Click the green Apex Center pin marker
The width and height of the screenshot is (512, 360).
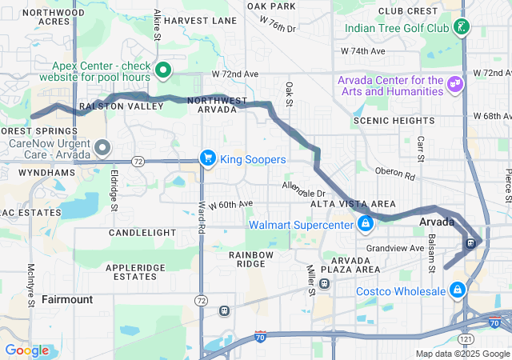click(163, 70)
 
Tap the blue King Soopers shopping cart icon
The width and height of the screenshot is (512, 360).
click(208, 158)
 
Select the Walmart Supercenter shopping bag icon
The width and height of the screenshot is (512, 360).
click(366, 224)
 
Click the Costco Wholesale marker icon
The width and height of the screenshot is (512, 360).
click(457, 290)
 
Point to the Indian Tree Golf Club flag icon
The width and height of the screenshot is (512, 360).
click(461, 29)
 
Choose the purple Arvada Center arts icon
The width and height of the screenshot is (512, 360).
click(455, 84)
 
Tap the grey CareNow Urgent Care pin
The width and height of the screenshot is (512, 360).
click(102, 148)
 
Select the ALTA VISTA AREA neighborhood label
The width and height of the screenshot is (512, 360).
click(353, 205)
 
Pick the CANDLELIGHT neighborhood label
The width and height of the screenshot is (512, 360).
click(142, 232)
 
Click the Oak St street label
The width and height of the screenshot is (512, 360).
click(290, 92)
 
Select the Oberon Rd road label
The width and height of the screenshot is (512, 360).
click(396, 174)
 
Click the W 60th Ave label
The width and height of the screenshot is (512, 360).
click(230, 205)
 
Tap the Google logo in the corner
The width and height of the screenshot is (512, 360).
click(26, 350)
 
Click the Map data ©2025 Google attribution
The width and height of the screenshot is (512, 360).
click(462, 354)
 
